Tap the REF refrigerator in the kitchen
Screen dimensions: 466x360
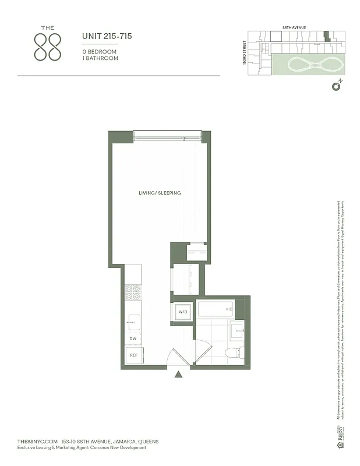(x=133, y=355)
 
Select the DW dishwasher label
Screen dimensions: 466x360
(x=133, y=338)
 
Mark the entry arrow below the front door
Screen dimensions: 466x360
(x=179, y=376)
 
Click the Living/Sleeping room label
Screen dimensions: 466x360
(x=160, y=193)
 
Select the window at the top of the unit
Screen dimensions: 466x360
(x=167, y=136)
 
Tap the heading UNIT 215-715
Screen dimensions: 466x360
(x=107, y=36)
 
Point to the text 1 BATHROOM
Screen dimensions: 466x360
(x=100, y=58)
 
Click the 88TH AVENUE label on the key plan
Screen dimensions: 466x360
(x=294, y=27)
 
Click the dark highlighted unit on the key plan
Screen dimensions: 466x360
(x=327, y=35)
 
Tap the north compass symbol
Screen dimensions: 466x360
(x=336, y=87)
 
